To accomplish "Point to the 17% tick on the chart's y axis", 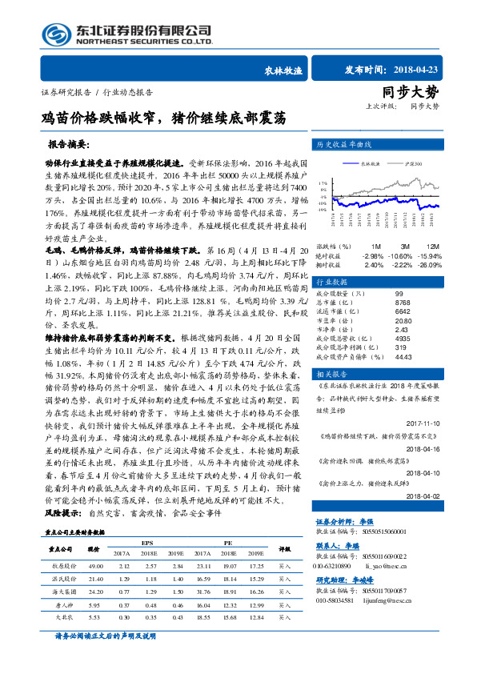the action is click(322, 182).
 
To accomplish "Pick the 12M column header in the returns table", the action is click(432, 246).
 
